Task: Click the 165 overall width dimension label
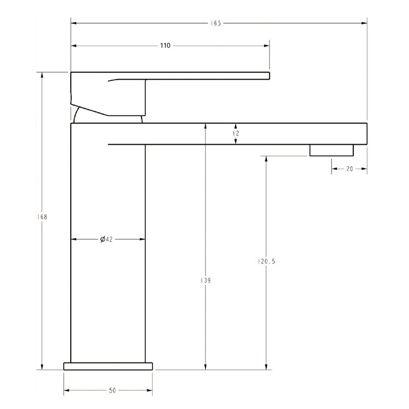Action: coord(216,23)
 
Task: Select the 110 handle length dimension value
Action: coord(165,46)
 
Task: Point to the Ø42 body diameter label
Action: coord(107,239)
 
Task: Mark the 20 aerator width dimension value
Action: coord(349,169)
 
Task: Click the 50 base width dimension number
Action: coord(112,390)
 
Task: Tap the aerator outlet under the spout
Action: coord(331,150)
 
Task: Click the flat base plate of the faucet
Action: coord(108,366)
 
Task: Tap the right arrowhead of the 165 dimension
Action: coord(364,23)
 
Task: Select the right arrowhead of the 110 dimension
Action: coord(267,46)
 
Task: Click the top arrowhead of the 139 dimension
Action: coord(206,126)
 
